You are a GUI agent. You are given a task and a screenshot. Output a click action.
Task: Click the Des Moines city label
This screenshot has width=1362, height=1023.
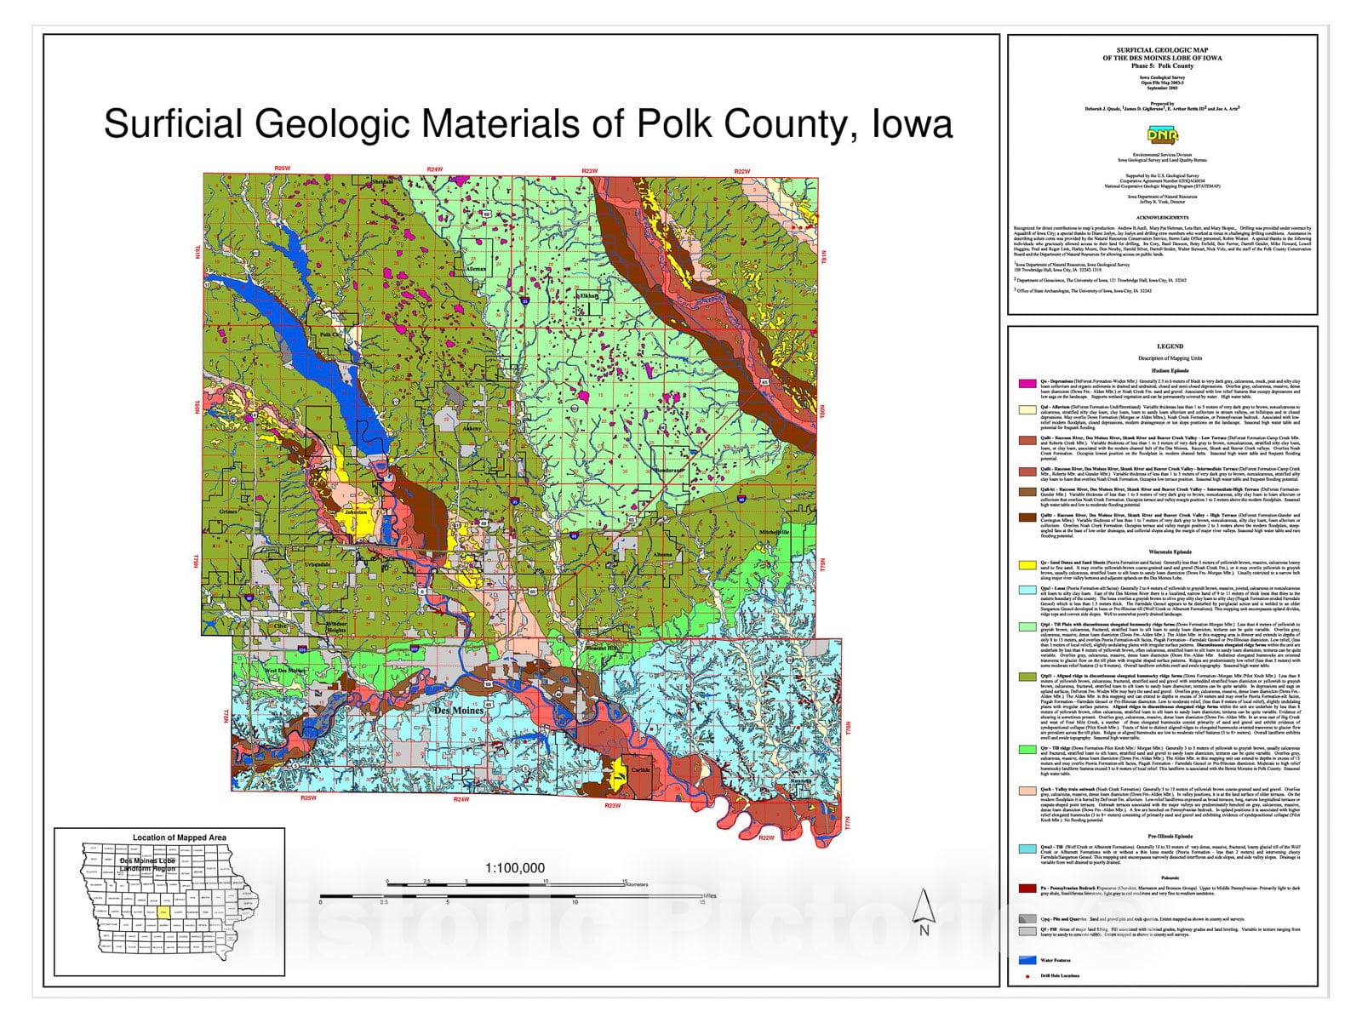coord(459,710)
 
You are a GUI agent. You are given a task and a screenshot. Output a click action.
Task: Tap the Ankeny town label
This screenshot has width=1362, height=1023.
coord(471,428)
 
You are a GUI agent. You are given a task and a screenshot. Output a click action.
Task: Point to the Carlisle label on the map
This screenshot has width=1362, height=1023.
coord(640,769)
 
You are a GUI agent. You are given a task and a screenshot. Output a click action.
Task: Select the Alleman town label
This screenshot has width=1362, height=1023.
coord(476,269)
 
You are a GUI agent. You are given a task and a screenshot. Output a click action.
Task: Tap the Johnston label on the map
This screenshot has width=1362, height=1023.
coord(355,513)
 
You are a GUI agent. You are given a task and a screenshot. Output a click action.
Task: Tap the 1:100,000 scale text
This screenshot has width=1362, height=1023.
coord(515,868)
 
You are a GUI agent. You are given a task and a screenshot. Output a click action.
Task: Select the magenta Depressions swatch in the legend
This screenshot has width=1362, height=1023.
coord(1027,383)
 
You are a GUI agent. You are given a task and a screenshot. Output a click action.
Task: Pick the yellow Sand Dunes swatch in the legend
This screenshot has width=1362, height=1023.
coord(1027,564)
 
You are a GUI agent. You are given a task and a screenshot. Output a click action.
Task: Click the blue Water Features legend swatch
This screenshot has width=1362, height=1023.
coord(1027,960)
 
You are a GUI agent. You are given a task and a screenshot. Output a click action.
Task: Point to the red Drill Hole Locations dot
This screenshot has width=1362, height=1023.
coord(1027,976)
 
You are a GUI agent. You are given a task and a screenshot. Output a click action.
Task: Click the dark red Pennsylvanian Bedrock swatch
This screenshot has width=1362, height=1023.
coord(1027,888)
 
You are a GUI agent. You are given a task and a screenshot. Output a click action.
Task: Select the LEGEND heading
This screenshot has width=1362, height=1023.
coord(1170,346)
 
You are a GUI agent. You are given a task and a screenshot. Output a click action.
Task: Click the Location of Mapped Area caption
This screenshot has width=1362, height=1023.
coord(179,837)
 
